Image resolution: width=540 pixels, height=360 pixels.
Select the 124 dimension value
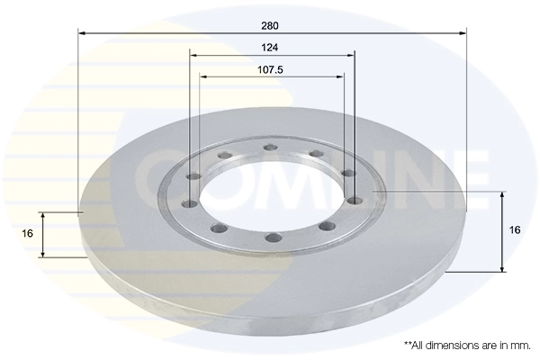point(272,46)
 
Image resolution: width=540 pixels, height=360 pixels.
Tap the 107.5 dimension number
point(272,68)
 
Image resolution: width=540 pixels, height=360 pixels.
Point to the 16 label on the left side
point(28,233)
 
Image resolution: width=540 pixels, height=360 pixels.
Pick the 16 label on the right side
point(515,230)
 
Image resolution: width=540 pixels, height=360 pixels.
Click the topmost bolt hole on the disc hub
point(269,148)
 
